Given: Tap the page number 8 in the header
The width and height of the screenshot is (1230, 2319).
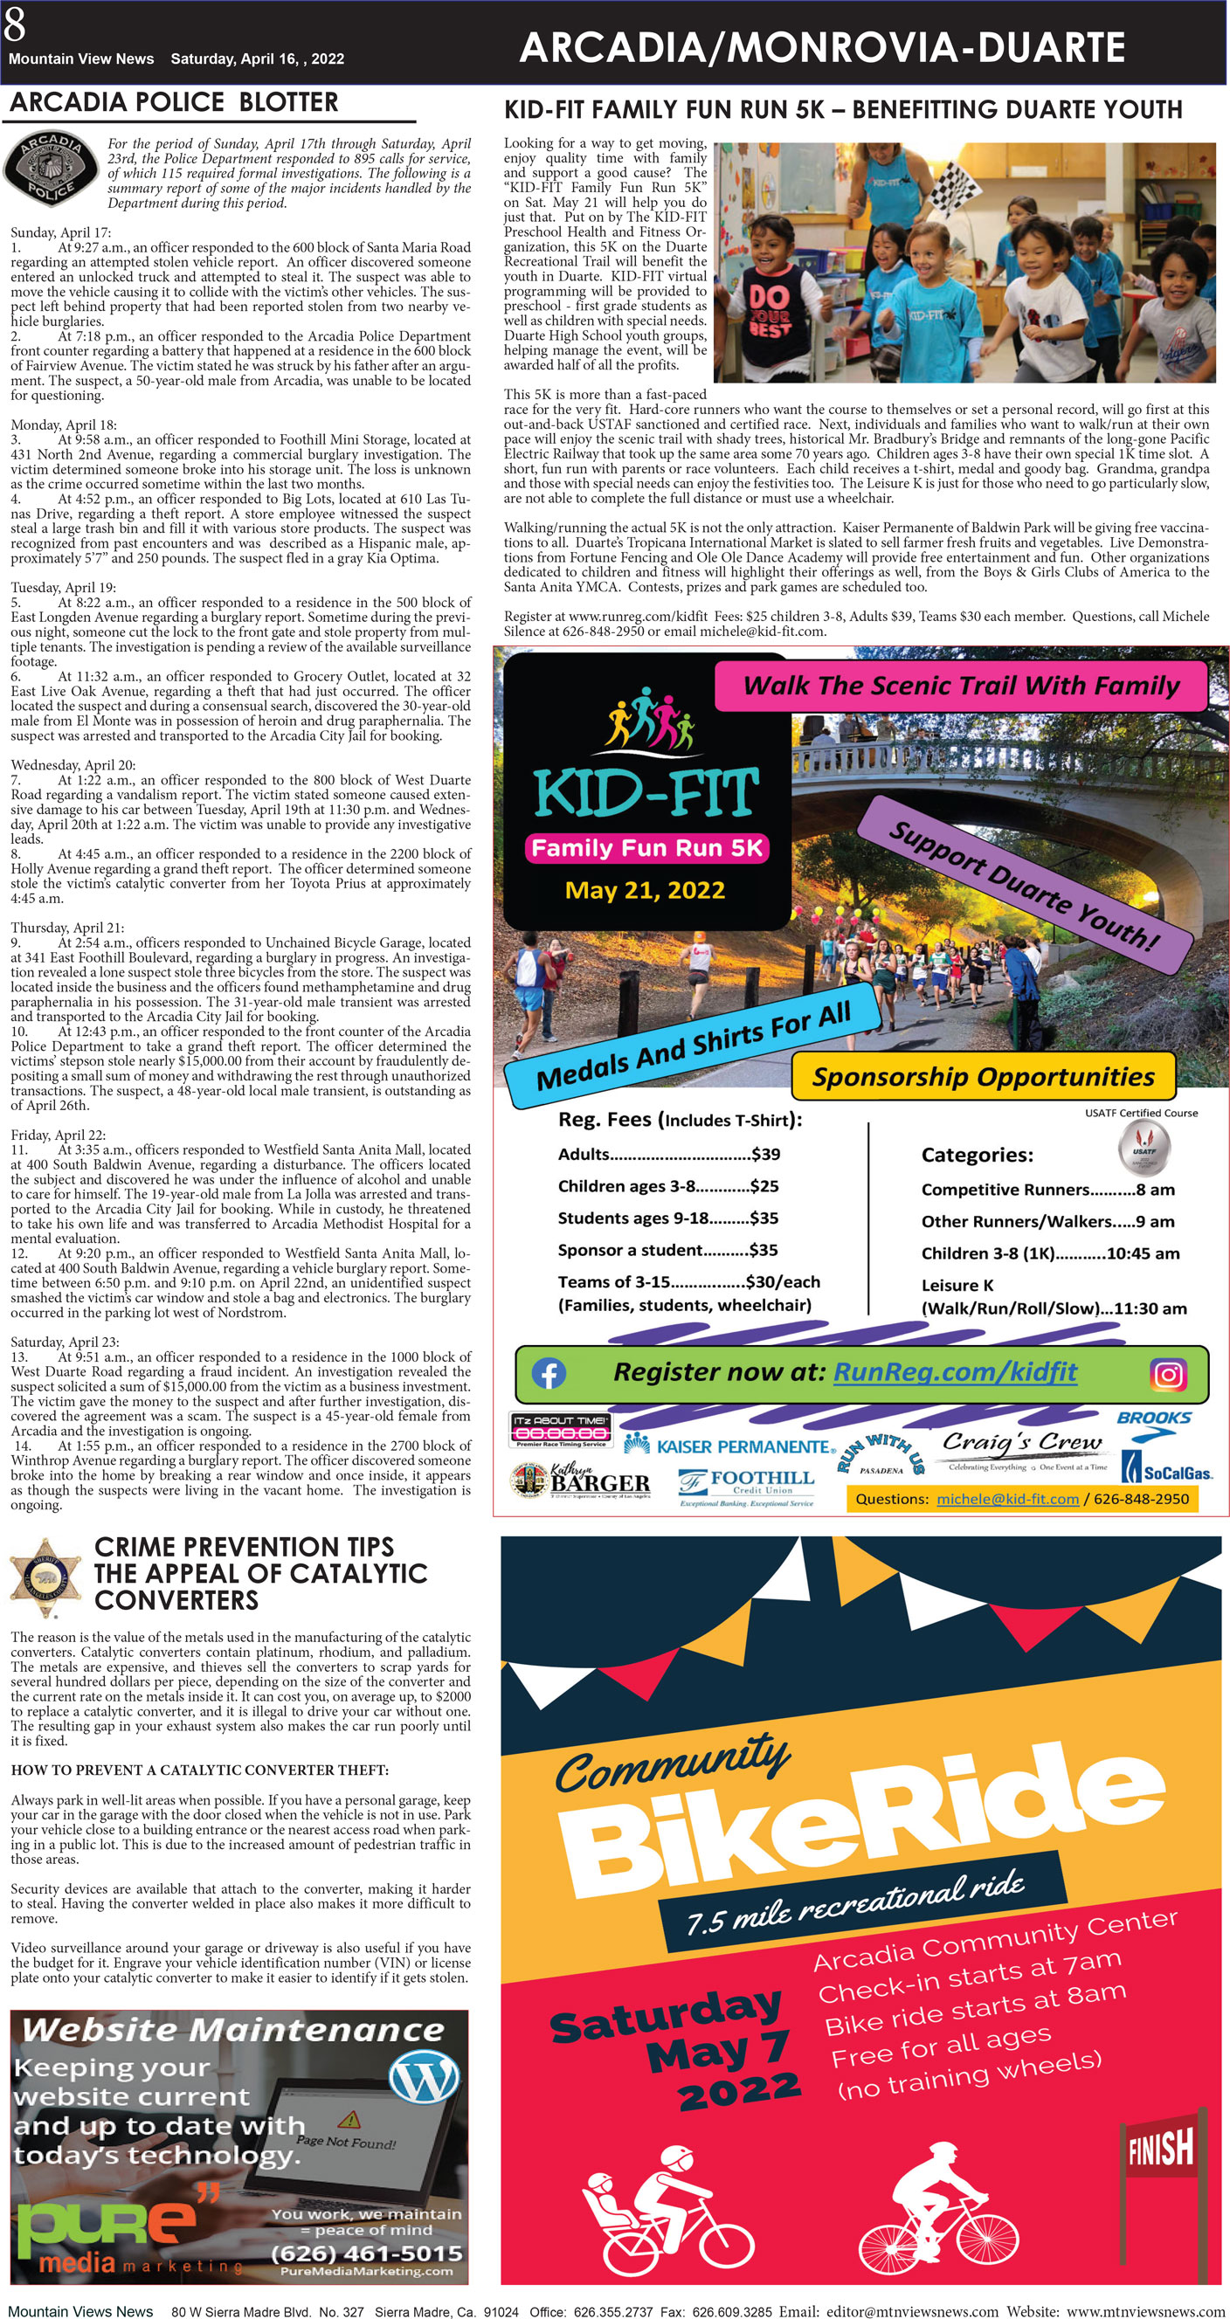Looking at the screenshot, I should coord(14,24).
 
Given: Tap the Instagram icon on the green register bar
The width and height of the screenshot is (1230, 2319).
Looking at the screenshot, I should coord(1169,1375).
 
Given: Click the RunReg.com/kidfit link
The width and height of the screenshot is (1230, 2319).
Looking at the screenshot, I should coord(955,1372).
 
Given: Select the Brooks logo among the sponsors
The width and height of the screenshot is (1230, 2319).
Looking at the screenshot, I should coord(1153,1418).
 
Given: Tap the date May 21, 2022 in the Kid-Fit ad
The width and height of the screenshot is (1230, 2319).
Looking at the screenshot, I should coord(645,890).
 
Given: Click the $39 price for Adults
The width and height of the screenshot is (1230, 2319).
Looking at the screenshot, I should coord(765,1154).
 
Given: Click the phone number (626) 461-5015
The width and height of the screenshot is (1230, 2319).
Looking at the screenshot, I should coord(367,2253).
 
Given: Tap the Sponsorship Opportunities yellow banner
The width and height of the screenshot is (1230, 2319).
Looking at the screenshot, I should coord(984,1077).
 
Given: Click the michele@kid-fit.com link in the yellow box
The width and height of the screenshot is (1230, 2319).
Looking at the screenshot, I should coord(1006,1499).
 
